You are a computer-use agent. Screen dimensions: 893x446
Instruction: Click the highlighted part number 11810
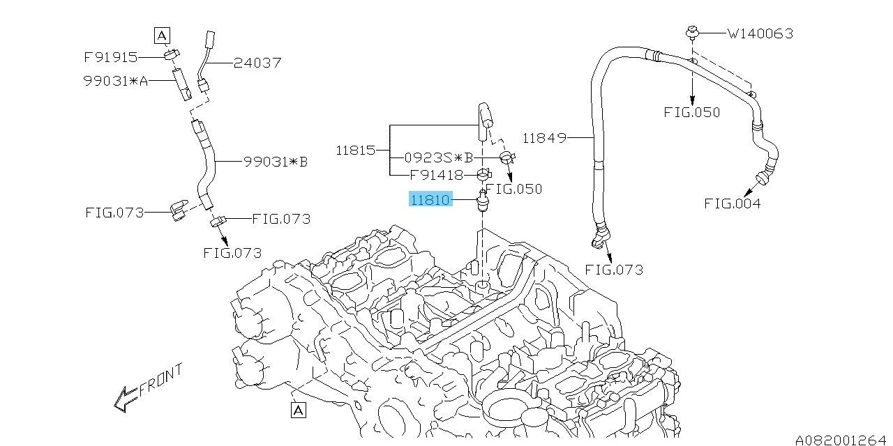click(430, 199)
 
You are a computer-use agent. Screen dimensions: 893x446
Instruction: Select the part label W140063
click(760, 34)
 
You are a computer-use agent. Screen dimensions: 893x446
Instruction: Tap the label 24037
click(257, 63)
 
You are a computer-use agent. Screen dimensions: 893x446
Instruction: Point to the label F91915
click(111, 57)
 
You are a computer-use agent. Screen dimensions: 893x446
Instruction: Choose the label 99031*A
click(116, 82)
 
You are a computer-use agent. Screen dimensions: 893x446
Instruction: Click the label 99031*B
click(276, 162)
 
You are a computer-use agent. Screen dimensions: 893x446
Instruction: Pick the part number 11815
click(356, 151)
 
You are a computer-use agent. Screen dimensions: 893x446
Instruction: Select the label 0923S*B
click(439, 158)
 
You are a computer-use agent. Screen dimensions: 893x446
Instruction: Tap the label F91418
click(437, 175)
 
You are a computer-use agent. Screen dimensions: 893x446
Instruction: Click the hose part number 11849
click(544, 138)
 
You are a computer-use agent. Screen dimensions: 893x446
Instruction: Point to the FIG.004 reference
click(733, 204)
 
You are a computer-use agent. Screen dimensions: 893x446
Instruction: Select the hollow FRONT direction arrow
click(126, 399)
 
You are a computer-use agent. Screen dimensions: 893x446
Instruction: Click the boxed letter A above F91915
click(162, 36)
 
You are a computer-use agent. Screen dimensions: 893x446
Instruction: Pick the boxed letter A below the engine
click(299, 410)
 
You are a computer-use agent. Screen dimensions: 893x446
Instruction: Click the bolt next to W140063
click(693, 32)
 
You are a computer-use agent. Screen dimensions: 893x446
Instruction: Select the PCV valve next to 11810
click(483, 200)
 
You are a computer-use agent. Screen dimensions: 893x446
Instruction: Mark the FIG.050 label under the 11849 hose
click(691, 113)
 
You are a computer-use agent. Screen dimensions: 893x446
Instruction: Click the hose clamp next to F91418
click(484, 174)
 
